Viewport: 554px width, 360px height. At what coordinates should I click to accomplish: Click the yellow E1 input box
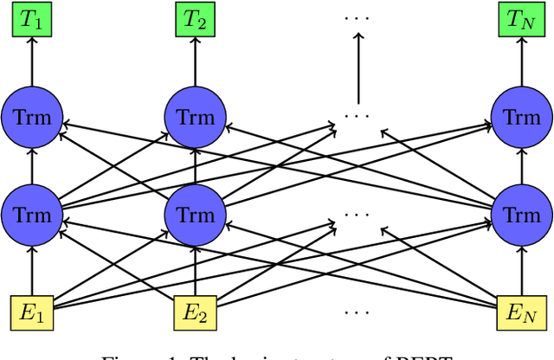[x=32, y=310]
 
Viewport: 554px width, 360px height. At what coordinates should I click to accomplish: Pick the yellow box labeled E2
[x=196, y=310]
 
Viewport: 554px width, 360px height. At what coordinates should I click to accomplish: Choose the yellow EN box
[x=521, y=310]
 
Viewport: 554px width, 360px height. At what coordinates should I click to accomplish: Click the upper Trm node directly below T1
[x=32, y=116]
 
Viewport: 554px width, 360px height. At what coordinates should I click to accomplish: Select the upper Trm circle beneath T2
[x=196, y=116]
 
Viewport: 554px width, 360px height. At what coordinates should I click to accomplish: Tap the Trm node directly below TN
[x=521, y=116]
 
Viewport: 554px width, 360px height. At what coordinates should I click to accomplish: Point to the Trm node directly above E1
[x=32, y=213]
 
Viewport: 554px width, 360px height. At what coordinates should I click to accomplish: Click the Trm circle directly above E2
[x=196, y=213]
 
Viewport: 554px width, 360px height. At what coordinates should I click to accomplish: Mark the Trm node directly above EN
[x=521, y=213]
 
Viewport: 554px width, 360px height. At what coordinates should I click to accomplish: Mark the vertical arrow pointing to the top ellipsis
[x=358, y=65]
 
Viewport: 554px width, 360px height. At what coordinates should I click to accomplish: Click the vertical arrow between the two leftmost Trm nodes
[x=32, y=164]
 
